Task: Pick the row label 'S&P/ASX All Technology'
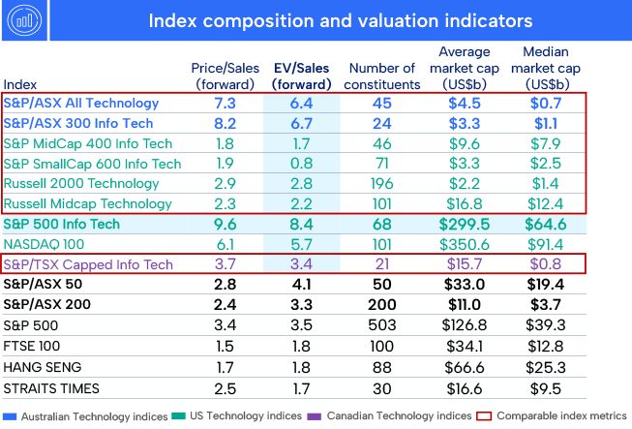pyautogui.click(x=81, y=104)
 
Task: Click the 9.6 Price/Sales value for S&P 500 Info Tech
pyautogui.click(x=225, y=224)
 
